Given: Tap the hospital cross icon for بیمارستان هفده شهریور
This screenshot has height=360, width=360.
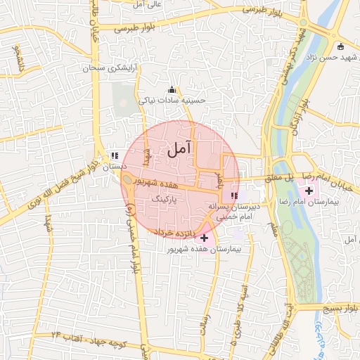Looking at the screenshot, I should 205,238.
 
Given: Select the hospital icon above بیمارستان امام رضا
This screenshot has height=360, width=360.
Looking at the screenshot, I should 309,190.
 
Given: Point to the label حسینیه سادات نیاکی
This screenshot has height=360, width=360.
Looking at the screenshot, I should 172,101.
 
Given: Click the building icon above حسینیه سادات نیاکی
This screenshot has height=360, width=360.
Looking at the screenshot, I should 171,90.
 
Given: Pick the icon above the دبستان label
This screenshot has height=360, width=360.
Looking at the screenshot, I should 114,156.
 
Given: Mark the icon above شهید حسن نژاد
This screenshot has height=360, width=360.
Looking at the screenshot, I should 341,47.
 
